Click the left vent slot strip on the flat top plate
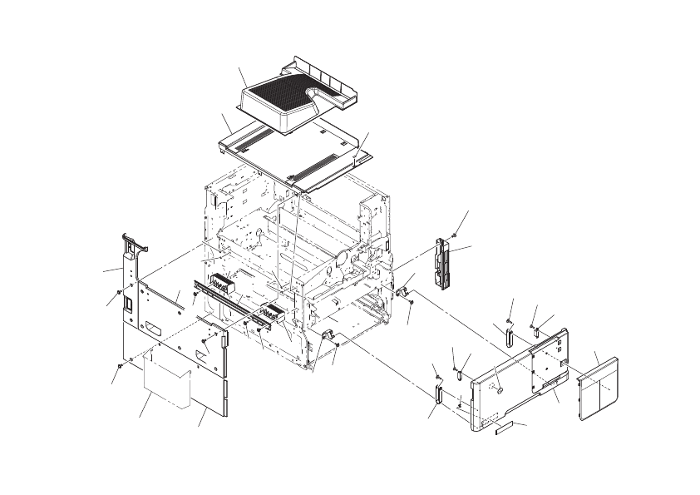249,138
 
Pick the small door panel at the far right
599,384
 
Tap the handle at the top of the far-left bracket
134,242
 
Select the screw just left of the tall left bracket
119,293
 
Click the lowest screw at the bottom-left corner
122,365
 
